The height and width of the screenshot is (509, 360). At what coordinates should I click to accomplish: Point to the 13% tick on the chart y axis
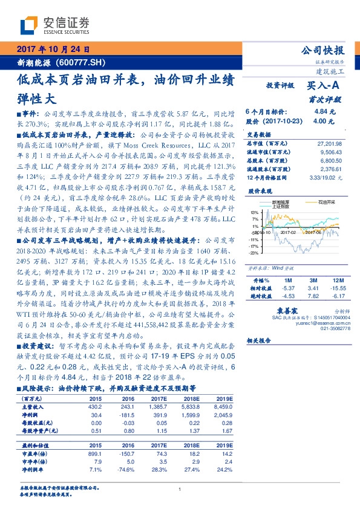pyautogui.click(x=257, y=213)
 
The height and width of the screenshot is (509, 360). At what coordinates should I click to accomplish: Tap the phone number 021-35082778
pyautogui.click(x=336, y=328)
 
